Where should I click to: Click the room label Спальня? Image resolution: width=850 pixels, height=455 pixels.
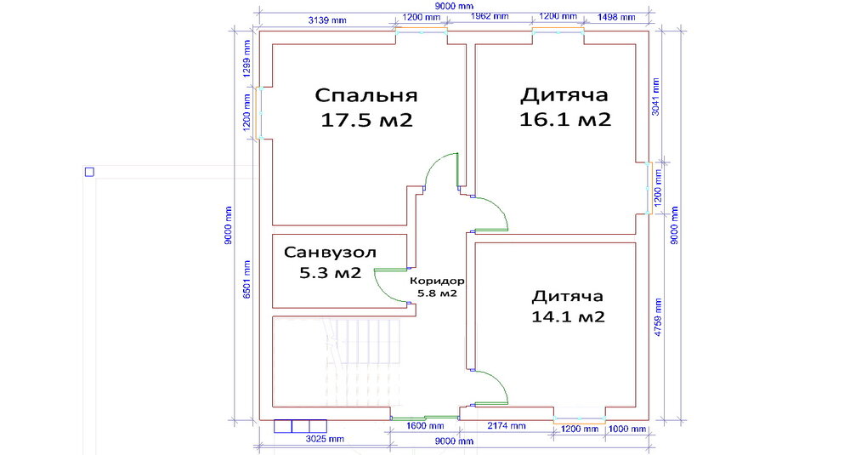tap(366, 95)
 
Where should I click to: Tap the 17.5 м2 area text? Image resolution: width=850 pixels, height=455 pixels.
tap(366, 120)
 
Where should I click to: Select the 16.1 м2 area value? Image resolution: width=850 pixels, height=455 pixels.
tap(565, 119)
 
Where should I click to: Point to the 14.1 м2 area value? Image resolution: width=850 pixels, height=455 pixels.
tap(568, 316)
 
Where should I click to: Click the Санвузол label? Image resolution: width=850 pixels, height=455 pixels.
tap(330, 253)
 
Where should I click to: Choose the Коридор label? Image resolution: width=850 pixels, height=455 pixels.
tap(437, 281)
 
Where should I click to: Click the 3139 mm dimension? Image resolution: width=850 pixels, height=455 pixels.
tap(327, 20)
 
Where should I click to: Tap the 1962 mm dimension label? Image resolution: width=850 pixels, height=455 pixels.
tap(490, 16)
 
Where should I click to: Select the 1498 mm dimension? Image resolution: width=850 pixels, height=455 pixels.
tap(615, 17)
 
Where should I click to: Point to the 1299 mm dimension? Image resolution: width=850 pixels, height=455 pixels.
tap(247, 60)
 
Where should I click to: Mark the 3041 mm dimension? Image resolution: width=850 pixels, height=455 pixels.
tap(656, 98)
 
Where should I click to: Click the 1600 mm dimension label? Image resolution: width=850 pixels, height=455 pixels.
tap(425, 426)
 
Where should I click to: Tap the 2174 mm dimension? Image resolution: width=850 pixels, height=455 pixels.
tap(507, 426)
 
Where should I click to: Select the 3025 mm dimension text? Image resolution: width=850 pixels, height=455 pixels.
tap(325, 439)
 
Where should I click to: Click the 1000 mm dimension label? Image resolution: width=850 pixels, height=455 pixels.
tap(627, 429)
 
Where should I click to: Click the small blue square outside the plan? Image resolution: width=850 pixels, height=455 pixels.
tap(89, 172)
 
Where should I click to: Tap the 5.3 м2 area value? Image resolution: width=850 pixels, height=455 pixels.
tap(330, 273)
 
